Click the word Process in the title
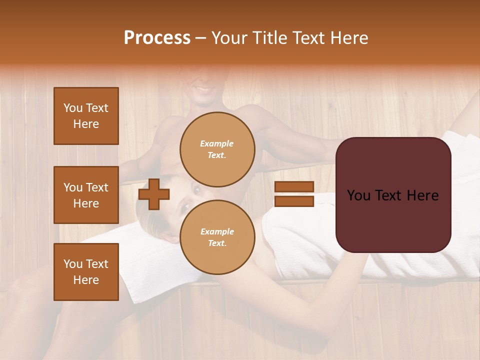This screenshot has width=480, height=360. (x=157, y=38)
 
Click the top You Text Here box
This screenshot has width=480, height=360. (x=86, y=116)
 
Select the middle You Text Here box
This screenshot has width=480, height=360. (x=86, y=195)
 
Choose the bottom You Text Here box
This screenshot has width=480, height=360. (x=86, y=272)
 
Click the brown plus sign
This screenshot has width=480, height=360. (x=153, y=194)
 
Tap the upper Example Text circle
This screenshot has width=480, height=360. (x=217, y=149)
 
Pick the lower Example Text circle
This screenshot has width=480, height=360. (x=217, y=237)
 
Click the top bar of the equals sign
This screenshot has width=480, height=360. (x=294, y=187)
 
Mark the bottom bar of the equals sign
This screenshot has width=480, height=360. (x=294, y=201)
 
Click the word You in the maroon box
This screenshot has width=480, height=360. (x=358, y=195)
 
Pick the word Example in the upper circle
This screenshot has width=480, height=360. (x=217, y=144)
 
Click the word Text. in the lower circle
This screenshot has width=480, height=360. (x=217, y=243)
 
